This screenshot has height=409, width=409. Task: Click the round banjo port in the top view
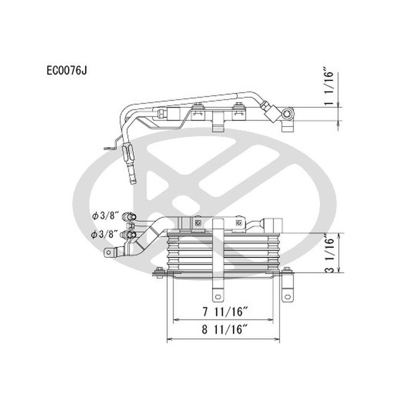288,114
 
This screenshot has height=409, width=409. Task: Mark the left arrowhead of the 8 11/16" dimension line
169,339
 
